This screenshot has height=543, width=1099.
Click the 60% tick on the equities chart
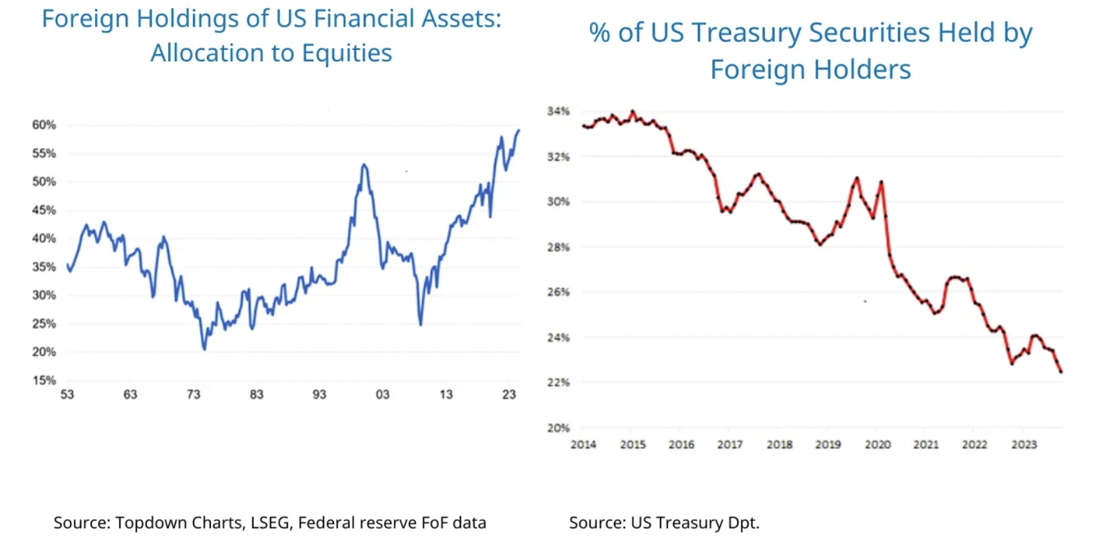point(44,124)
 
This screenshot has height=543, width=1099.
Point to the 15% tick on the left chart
point(44,380)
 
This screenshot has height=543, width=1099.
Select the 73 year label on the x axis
point(194,395)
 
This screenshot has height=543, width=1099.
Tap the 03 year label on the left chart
point(383,395)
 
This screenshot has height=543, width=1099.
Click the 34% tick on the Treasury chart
point(558,111)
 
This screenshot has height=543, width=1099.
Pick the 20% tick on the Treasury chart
point(558,428)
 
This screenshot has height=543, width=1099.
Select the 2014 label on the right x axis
point(583,445)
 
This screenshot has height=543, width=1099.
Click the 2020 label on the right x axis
point(877,445)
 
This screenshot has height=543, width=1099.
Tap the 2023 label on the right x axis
point(1024,445)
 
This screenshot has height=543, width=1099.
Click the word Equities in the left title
point(347,53)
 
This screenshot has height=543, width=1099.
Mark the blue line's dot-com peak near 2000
point(363,164)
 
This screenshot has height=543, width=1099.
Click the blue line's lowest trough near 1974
point(204,349)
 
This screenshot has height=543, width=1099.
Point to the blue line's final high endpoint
point(519,130)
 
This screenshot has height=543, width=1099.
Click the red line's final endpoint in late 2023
point(1061,372)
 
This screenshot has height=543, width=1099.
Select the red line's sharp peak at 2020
point(881,181)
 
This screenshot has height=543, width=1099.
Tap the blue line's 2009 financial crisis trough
point(420,325)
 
